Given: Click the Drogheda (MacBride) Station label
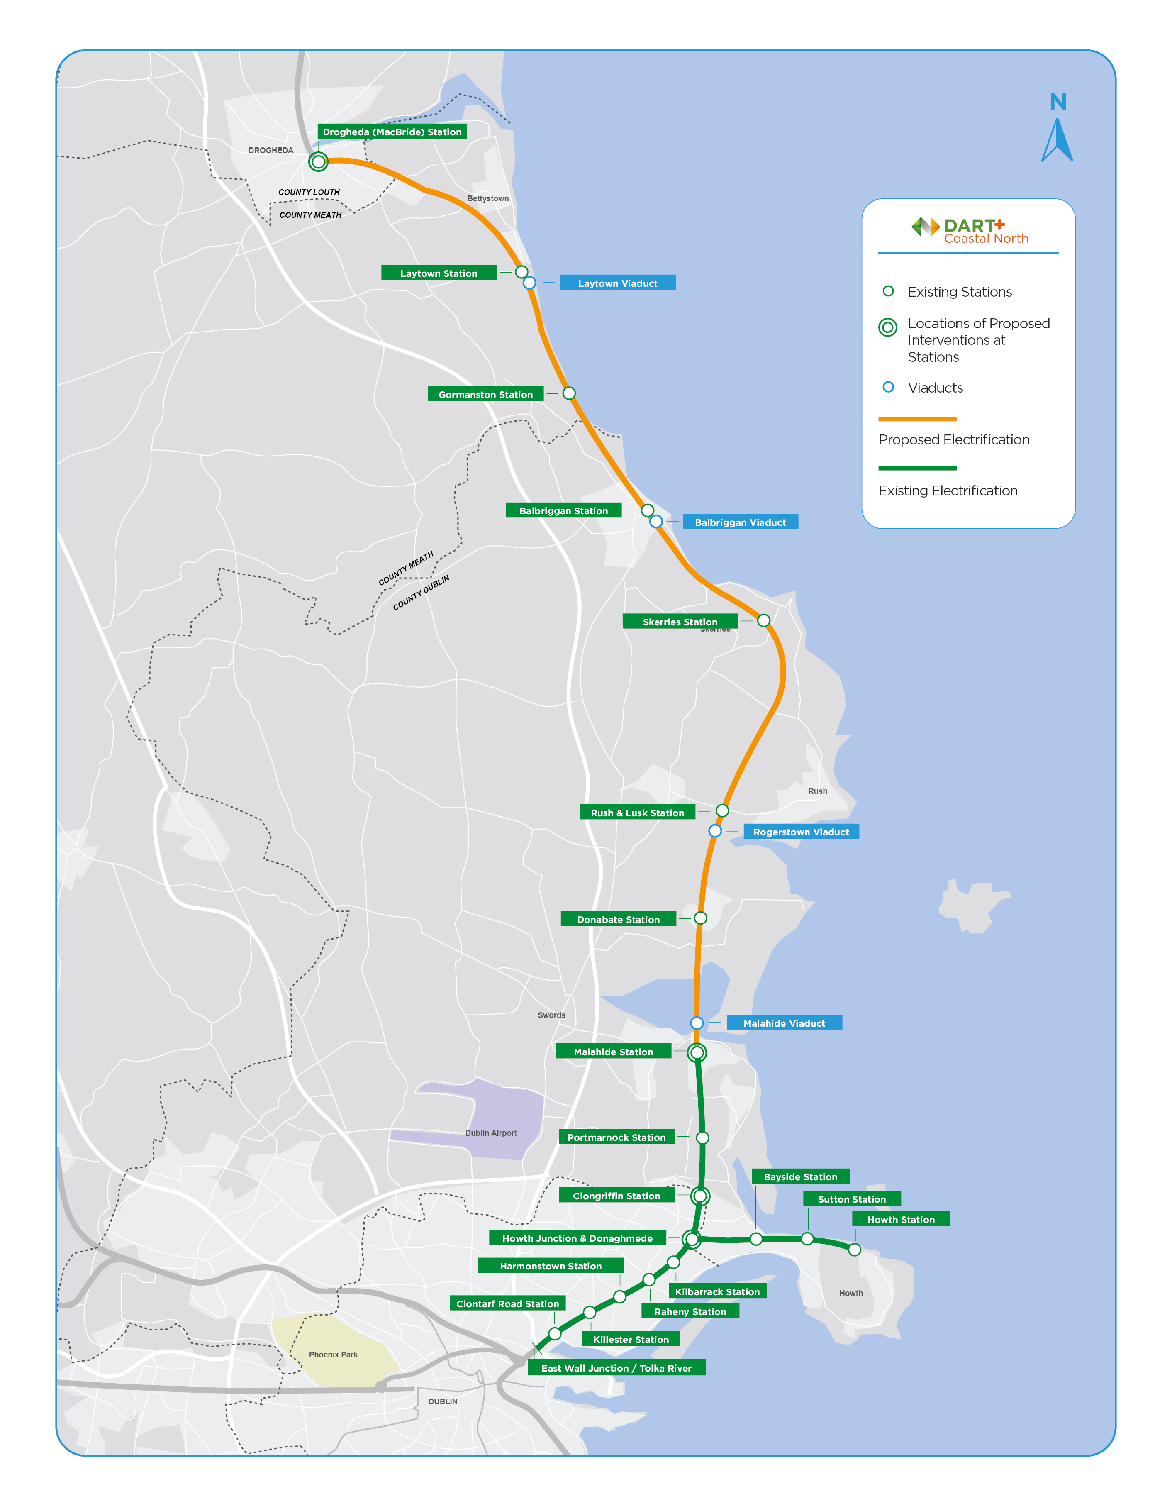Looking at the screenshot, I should coord(392,132).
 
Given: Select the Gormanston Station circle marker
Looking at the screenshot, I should coord(569,393).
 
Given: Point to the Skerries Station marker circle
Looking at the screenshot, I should coord(763,620).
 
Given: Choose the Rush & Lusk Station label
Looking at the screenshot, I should coord(637,812).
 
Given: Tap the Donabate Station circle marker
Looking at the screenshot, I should coord(700,918).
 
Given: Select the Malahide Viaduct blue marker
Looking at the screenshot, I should coord(697,1023).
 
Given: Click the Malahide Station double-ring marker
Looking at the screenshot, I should coord(697,1052).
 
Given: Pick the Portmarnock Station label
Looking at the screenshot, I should coord(616,1137).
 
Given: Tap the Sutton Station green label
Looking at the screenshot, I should coord(851,1199).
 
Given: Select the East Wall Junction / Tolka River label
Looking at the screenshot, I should coord(616,1368).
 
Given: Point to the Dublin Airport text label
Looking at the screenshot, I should coord(491,1133).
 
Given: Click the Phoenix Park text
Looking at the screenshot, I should coord(333,1354).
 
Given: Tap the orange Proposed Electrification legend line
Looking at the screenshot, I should coord(917,419).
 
